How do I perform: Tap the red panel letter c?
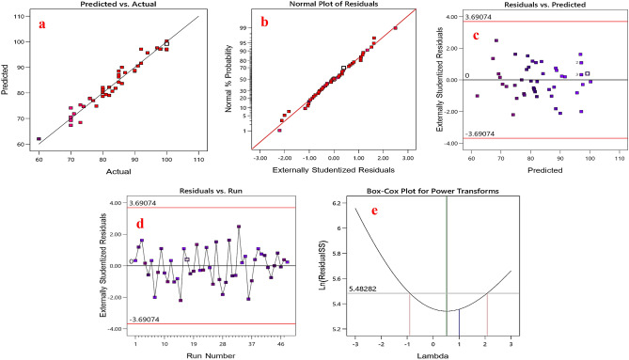click(x=477, y=37)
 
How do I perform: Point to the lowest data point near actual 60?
click(x=39, y=139)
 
